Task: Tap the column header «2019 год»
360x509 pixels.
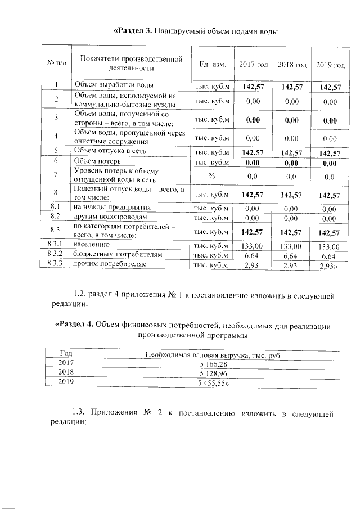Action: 330,65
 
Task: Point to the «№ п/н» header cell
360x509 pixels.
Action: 56,65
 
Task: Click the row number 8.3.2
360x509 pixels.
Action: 56,255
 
